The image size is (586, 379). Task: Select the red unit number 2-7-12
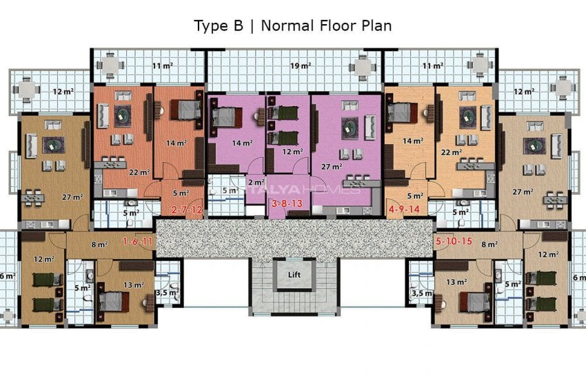(187, 209)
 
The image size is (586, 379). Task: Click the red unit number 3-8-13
(287, 204)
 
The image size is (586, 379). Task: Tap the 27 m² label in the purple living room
(331, 166)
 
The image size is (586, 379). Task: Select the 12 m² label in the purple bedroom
(292, 152)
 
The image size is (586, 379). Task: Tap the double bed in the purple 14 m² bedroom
(224, 116)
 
